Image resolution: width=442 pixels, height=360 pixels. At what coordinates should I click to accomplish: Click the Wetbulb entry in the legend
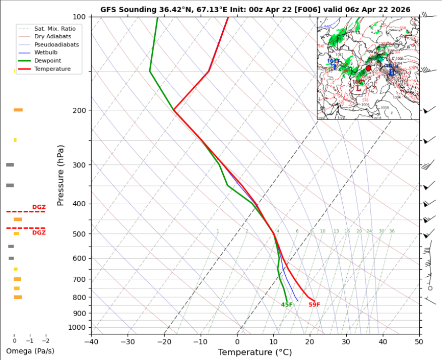click(45, 52)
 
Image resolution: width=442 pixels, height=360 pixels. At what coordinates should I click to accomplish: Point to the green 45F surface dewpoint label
click(287, 305)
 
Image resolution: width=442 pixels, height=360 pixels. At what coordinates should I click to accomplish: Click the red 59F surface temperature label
click(314, 305)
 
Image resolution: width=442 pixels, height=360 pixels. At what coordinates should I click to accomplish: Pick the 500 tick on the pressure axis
click(80, 234)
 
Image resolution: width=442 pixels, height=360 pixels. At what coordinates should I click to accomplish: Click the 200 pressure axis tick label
click(80, 110)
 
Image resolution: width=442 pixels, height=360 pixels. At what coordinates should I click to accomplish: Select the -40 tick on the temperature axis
click(91, 342)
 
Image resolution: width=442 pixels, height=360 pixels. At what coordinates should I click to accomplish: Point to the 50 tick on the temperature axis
click(419, 342)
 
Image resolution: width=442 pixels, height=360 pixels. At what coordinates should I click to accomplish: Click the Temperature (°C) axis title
click(255, 352)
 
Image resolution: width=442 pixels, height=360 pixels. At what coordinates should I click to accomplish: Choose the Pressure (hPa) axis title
click(61, 175)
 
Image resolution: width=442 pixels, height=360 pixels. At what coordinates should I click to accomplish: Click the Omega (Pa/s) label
click(30, 351)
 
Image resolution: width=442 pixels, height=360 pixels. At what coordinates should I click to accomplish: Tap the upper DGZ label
click(39, 207)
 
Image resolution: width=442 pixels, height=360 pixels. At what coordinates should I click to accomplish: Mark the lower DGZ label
click(39, 233)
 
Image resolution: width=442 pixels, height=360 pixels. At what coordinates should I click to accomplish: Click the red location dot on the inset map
click(368, 68)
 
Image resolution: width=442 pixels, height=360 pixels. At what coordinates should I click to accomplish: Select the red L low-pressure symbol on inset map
click(358, 88)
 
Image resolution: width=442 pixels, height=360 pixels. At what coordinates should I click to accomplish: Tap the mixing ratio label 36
click(392, 231)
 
